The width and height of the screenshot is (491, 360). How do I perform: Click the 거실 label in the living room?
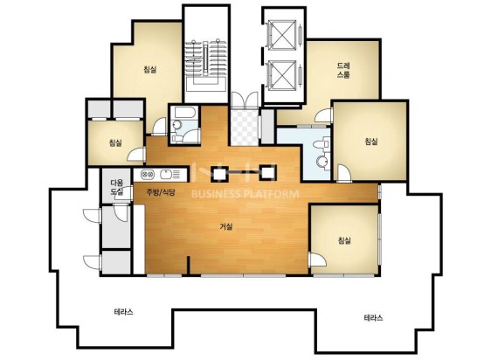pyautogui.click(x=226, y=226)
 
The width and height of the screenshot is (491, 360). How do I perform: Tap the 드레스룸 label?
pyautogui.click(x=343, y=70)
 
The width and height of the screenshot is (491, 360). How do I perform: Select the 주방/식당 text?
pyautogui.click(x=161, y=192)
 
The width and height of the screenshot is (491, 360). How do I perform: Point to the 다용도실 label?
pyautogui.click(x=116, y=187)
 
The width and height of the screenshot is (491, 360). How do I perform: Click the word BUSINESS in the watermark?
pyautogui.click(x=217, y=194)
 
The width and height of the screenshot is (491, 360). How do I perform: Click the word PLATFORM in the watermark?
pyautogui.click(x=273, y=194)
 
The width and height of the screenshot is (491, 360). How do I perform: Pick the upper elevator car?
pyautogui.click(x=282, y=35)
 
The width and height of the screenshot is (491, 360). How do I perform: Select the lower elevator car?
pyautogui.click(x=282, y=75)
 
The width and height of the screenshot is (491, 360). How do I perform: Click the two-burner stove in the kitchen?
pyautogui.click(x=147, y=174)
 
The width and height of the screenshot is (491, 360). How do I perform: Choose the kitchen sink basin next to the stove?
pyautogui.click(x=166, y=174)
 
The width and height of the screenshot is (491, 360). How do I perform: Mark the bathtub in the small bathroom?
pyautogui.click(x=185, y=113)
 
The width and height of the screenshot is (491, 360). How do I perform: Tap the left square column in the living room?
pyautogui.click(x=219, y=173)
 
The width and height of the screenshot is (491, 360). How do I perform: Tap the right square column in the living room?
pyautogui.click(x=267, y=173)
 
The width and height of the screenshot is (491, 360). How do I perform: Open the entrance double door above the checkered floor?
pyautogui.click(x=245, y=100)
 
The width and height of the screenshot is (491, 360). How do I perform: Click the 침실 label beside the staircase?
pyautogui.click(x=150, y=69)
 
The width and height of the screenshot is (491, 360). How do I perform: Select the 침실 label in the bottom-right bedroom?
pyautogui.click(x=344, y=240)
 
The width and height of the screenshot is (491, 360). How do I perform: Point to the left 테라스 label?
pyautogui.click(x=123, y=312)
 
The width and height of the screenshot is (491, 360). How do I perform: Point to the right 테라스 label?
pyautogui.click(x=373, y=318)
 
